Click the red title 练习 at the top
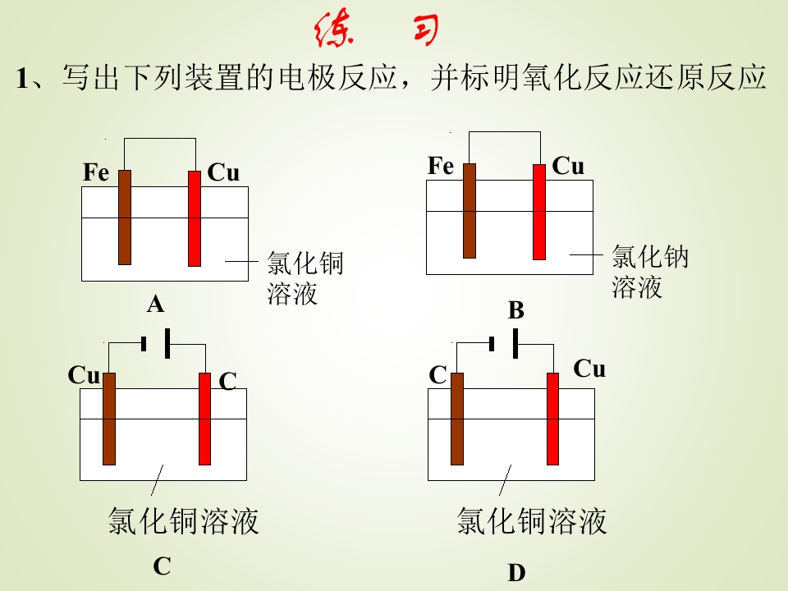(377, 30)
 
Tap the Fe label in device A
(96, 172)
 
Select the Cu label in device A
(223, 172)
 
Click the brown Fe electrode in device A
(125, 217)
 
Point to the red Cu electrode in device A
(195, 218)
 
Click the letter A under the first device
(156, 304)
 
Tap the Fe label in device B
(441, 166)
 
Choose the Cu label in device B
(568, 166)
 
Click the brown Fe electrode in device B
(470, 211)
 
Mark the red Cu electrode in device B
(539, 212)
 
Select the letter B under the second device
(516, 310)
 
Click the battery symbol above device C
(156, 344)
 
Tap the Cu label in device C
(84, 375)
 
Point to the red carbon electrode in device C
(204, 419)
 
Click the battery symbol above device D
(503, 344)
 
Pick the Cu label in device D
(589, 369)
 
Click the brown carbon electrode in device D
(457, 419)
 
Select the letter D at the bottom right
(516, 573)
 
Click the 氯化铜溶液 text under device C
(183, 520)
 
